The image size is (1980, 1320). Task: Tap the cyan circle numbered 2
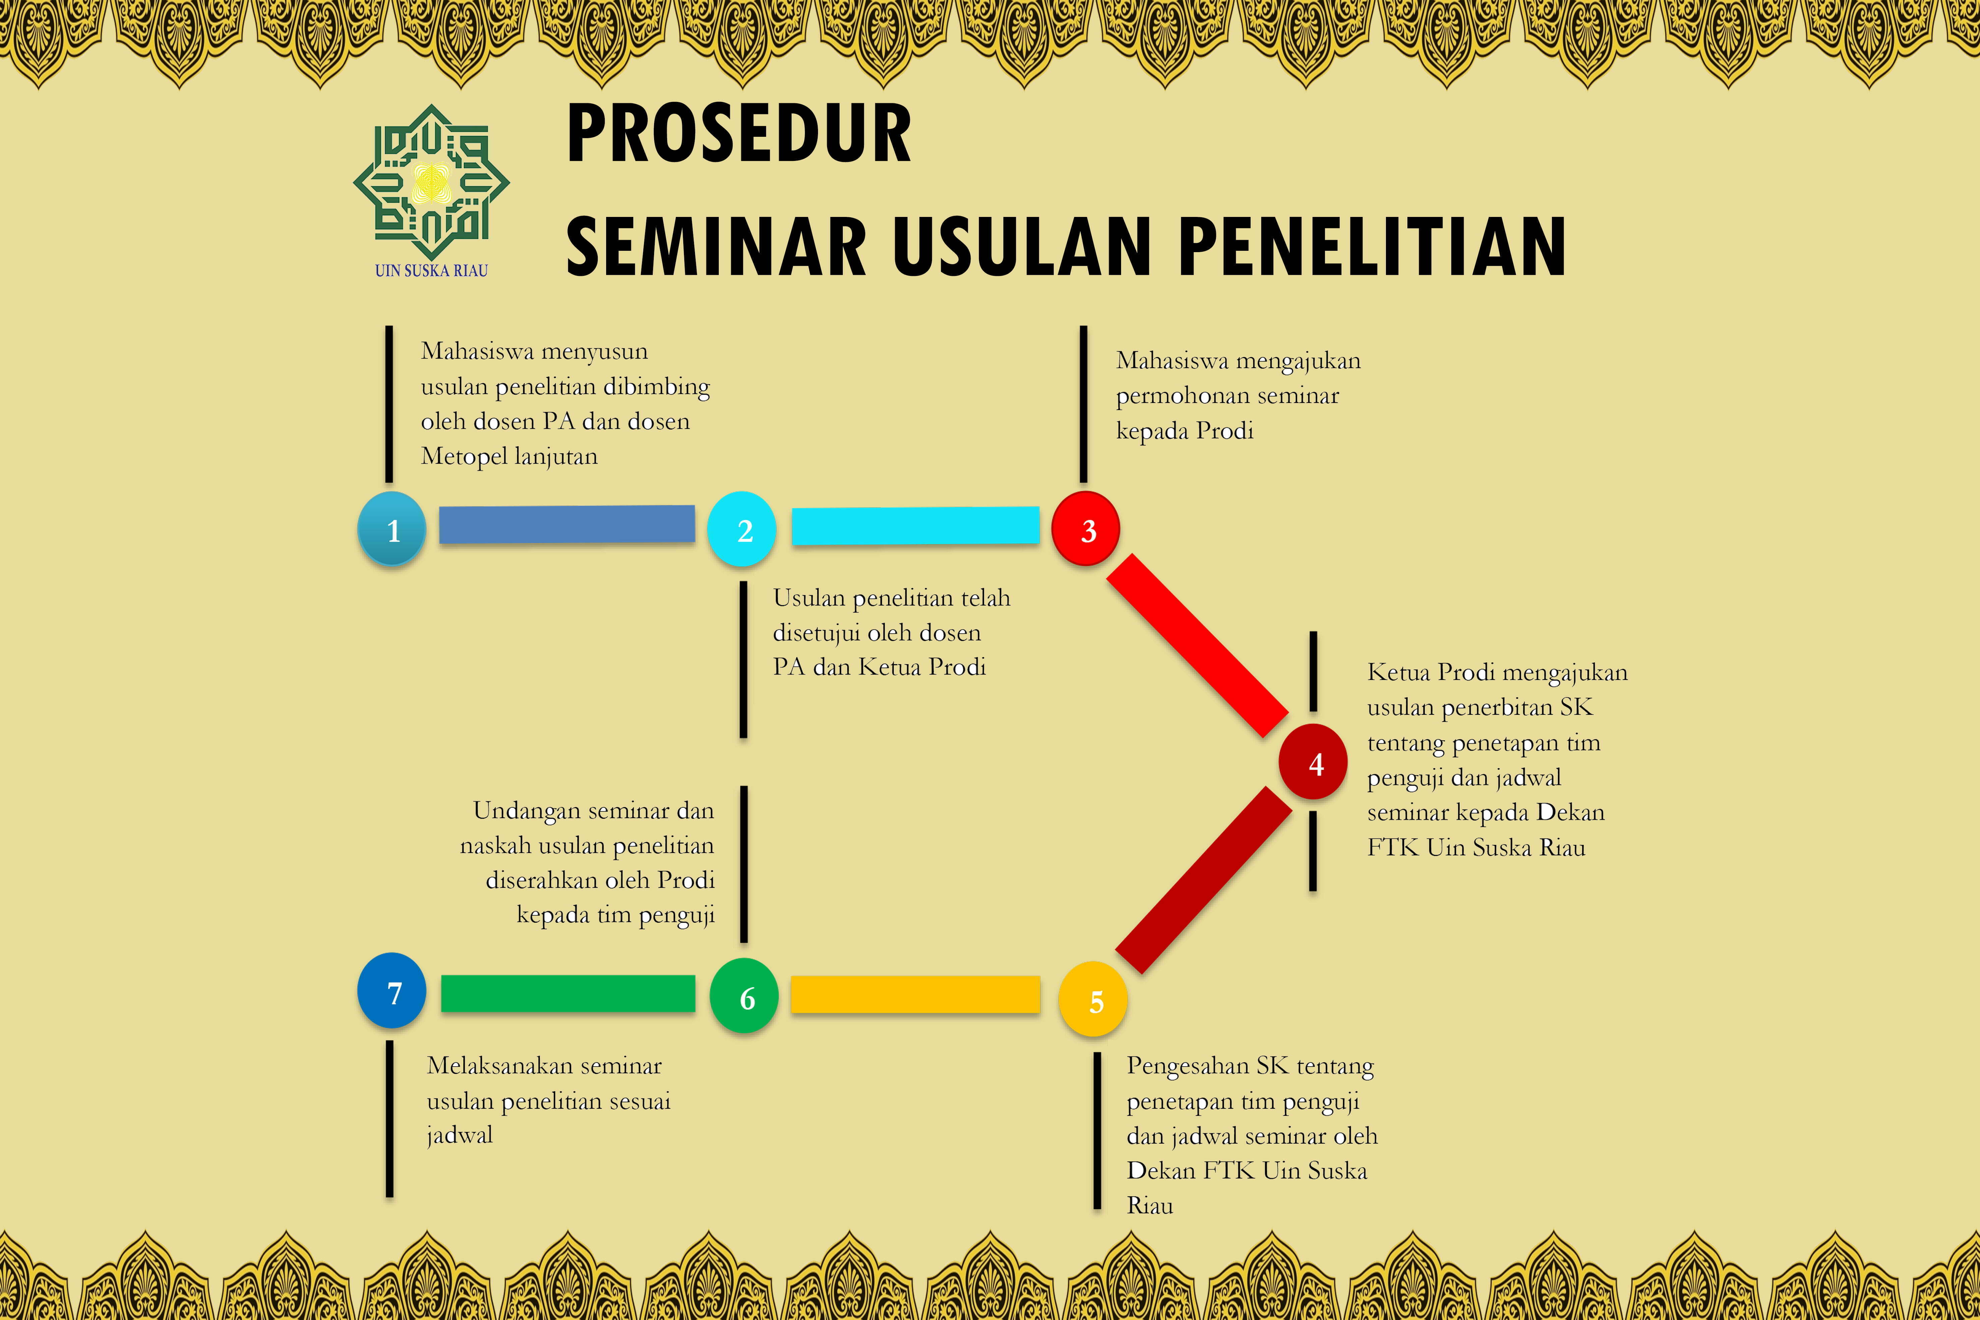(742, 528)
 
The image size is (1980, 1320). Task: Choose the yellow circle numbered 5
(1093, 999)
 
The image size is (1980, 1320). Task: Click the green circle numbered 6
(744, 996)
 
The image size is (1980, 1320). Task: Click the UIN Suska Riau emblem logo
(431, 182)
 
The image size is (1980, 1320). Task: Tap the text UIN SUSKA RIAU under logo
(431, 270)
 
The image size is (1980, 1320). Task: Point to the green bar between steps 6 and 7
(568, 993)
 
